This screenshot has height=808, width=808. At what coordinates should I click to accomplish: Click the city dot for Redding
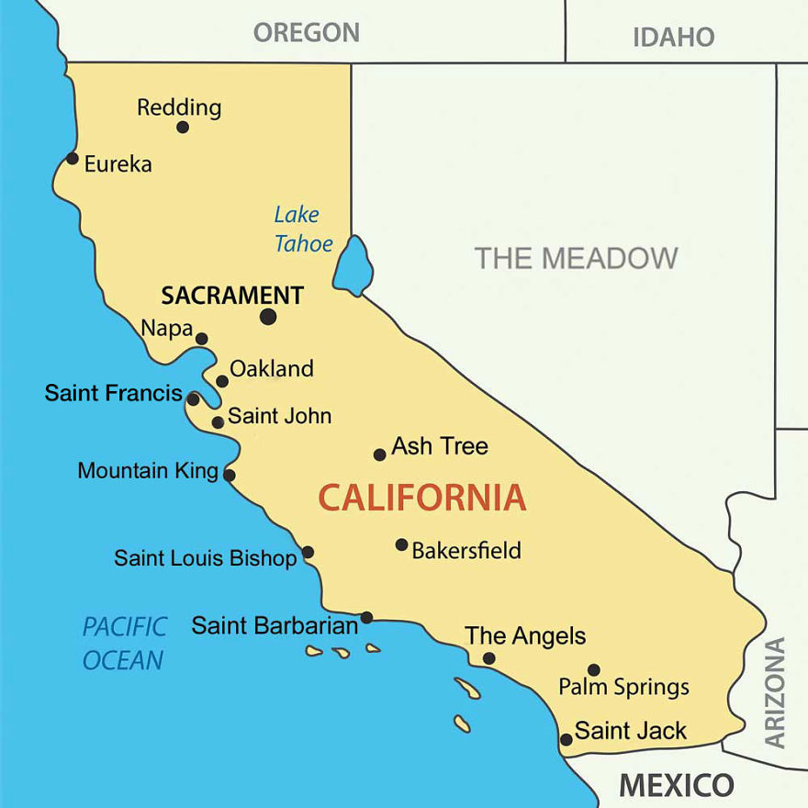click(183, 127)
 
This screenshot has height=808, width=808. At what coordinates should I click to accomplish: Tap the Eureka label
click(118, 164)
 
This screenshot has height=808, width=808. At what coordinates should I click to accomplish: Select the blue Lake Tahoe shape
click(353, 264)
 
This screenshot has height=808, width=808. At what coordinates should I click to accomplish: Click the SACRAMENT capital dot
click(268, 317)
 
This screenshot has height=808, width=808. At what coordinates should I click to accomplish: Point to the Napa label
click(166, 328)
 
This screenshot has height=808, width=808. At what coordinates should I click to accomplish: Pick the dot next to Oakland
click(222, 381)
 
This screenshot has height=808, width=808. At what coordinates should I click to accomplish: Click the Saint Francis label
click(113, 393)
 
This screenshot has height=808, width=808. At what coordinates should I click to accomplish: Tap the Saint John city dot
click(218, 422)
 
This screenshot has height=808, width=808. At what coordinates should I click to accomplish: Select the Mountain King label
click(147, 471)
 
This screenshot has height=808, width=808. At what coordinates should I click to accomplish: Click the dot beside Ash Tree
click(379, 454)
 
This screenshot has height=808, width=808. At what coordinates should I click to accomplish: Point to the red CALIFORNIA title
click(422, 498)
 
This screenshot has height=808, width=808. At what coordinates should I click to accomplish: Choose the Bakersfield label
click(466, 551)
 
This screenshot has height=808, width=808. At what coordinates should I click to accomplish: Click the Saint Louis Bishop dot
click(308, 552)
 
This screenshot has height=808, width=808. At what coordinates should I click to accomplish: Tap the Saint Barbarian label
click(274, 626)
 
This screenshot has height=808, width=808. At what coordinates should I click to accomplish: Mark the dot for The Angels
click(488, 658)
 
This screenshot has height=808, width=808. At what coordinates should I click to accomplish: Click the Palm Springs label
click(623, 687)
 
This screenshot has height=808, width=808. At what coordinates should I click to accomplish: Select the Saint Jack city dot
click(567, 739)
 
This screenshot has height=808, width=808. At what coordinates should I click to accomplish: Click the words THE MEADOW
click(576, 258)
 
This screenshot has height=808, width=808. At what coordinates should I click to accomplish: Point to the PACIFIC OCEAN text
click(124, 643)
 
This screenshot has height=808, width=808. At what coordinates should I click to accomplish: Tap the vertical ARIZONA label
click(776, 691)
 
